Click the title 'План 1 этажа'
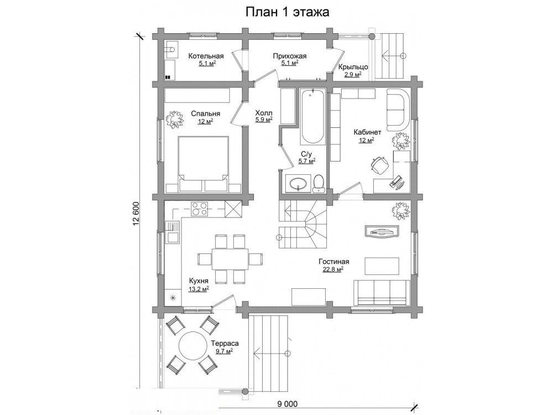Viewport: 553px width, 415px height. [x=287, y=12]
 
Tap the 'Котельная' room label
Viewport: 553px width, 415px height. [x=206, y=56]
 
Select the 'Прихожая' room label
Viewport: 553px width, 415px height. [x=290, y=56]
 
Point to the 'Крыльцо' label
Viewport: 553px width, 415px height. [x=353, y=67]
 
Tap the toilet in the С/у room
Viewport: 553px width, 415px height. [x=319, y=184]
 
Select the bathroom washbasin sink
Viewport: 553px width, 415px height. [x=299, y=183]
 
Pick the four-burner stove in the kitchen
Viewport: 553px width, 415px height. [x=199, y=209]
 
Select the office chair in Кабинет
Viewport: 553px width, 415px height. [x=380, y=165]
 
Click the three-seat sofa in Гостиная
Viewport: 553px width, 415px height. [x=382, y=293]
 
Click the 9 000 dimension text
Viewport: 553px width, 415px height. [x=287, y=404]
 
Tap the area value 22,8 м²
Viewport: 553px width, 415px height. [x=333, y=269]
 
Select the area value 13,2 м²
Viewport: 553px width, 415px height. [x=199, y=289]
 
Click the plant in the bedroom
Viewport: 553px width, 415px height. [x=175, y=119]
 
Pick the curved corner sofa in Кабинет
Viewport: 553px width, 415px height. [x=398, y=109]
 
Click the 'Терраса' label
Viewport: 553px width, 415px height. [x=225, y=344]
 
